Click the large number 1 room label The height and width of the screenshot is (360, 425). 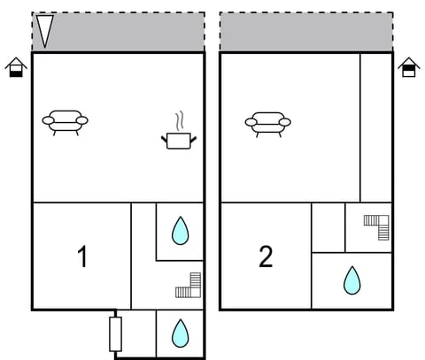[x=82, y=257]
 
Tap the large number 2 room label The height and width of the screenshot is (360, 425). [x=266, y=257]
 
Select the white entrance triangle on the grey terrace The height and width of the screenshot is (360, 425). [x=45, y=31]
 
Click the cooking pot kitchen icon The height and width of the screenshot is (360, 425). [x=178, y=139]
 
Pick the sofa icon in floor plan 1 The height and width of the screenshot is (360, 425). [x=65, y=121]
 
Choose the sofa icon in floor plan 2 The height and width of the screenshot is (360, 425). [x=267, y=123]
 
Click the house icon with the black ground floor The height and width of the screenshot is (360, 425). [x=16, y=67]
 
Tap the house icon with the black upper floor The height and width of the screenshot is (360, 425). [x=408, y=67]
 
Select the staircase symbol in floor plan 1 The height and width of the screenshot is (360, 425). [x=189, y=286]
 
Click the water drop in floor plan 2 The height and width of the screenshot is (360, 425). [x=352, y=280]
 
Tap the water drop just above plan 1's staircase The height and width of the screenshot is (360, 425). [x=180, y=231]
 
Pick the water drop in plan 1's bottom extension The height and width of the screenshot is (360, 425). [x=180, y=333]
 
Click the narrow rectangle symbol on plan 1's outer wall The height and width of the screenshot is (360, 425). [x=115, y=333]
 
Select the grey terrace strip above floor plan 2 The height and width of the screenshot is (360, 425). [x=305, y=32]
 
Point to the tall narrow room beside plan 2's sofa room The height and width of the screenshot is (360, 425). [x=375, y=126]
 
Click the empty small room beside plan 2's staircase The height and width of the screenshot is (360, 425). [x=328, y=227]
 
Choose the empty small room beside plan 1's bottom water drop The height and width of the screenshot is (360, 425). [x=138, y=333]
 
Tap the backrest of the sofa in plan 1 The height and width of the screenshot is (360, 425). [x=65, y=115]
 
